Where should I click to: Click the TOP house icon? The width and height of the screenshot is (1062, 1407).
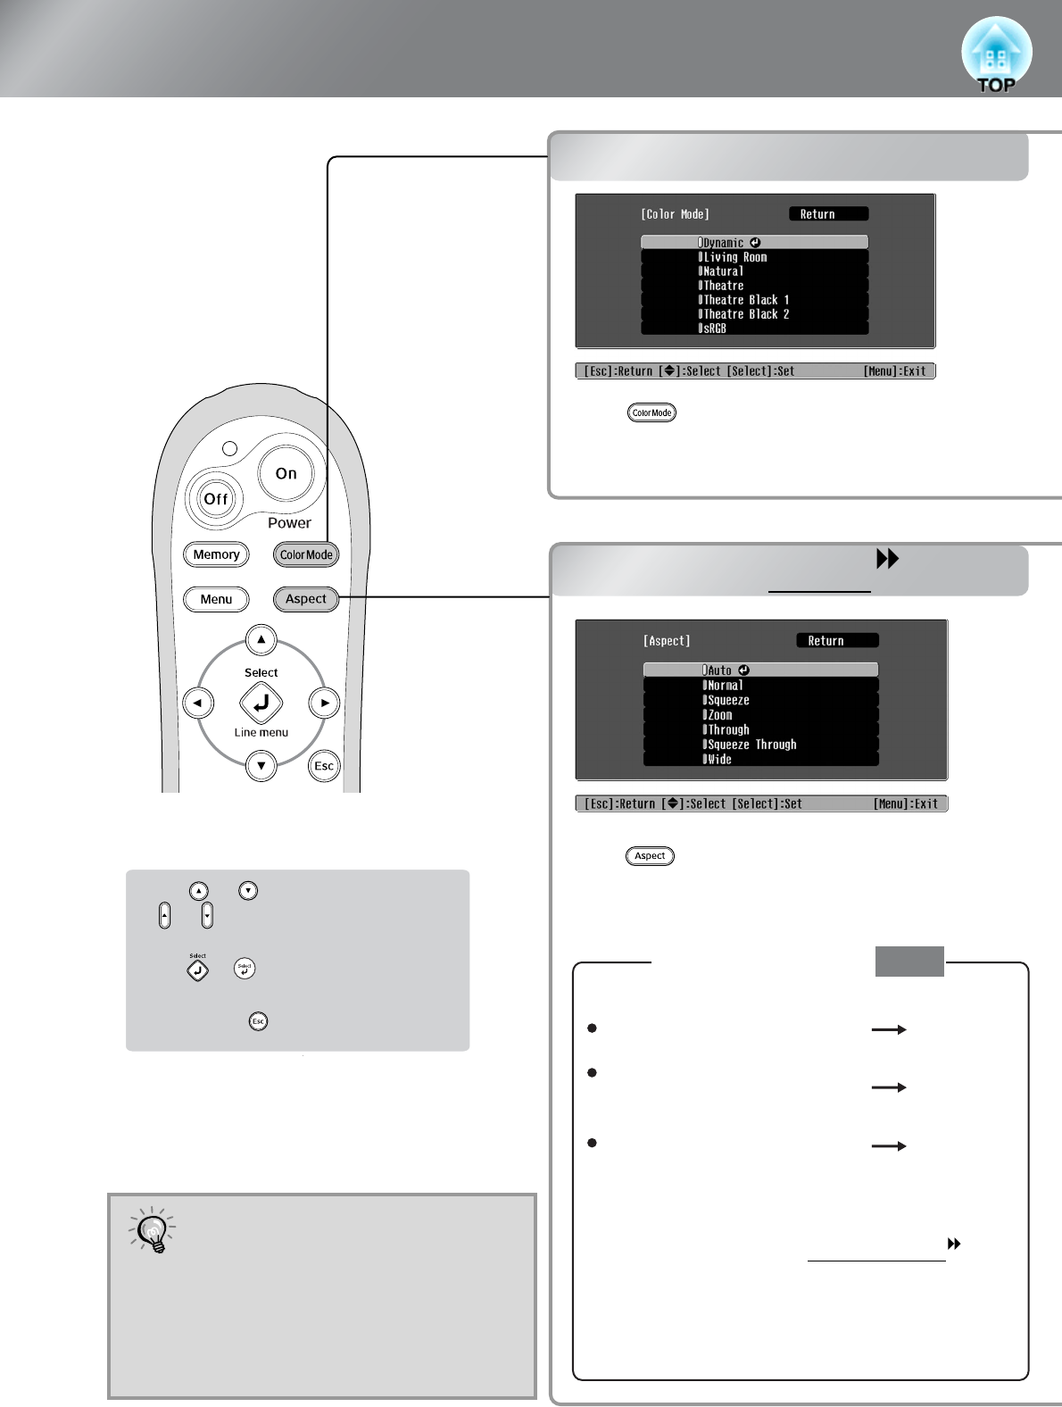click(x=996, y=55)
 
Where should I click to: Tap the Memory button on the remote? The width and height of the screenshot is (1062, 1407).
click(x=216, y=554)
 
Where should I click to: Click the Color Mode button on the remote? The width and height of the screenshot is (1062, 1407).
click(x=306, y=554)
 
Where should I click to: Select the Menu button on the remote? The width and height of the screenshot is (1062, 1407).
click(x=216, y=599)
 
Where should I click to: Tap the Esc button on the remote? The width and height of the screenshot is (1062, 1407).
click(x=324, y=766)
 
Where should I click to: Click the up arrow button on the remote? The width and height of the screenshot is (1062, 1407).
click(x=261, y=639)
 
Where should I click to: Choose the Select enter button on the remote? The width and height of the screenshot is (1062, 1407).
click(x=261, y=703)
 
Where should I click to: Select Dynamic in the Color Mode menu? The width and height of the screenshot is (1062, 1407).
click(x=754, y=242)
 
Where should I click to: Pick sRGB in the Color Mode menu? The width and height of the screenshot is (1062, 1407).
click(x=754, y=329)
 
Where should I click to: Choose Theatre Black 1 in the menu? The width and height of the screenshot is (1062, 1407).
click(x=754, y=300)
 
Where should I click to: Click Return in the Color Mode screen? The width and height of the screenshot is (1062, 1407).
click(x=827, y=214)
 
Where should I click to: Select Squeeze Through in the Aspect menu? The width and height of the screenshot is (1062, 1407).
click(x=760, y=745)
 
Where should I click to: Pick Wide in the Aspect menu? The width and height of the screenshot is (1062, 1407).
click(x=760, y=760)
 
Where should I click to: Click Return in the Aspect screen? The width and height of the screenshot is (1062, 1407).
click(x=836, y=640)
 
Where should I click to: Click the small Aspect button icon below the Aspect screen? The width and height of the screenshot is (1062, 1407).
click(x=650, y=856)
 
